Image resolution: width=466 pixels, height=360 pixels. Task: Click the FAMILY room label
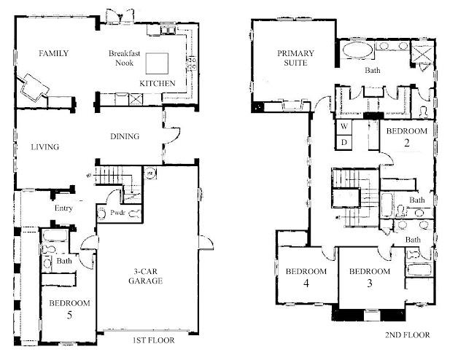[53, 53]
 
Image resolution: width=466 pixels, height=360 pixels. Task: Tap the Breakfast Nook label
[124, 58]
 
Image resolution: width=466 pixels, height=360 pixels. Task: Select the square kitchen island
[157, 63]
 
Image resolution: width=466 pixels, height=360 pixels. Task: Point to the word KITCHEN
[158, 84]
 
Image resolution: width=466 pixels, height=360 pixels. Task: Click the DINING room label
[125, 136]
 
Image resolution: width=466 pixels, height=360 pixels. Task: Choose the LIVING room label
[45, 146]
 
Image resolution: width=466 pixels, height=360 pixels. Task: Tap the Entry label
[63, 208]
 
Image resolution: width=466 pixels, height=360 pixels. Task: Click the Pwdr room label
[117, 213]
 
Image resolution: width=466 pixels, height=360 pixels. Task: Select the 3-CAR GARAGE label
[146, 276]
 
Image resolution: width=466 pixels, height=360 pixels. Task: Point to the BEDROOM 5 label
[69, 309]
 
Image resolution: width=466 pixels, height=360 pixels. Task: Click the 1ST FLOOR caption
[154, 340]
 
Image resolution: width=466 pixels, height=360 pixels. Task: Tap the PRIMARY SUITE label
[295, 58]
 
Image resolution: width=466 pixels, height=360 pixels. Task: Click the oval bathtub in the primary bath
[357, 51]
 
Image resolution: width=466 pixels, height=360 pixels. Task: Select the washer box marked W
[344, 127]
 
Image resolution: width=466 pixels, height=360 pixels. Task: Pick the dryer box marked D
[344, 142]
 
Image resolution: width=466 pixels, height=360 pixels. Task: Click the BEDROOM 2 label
[407, 137]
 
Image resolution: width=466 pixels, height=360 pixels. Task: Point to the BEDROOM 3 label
[370, 278]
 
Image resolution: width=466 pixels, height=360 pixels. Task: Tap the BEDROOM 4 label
[306, 278]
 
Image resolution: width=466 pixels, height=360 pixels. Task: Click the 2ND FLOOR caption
[408, 335]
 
